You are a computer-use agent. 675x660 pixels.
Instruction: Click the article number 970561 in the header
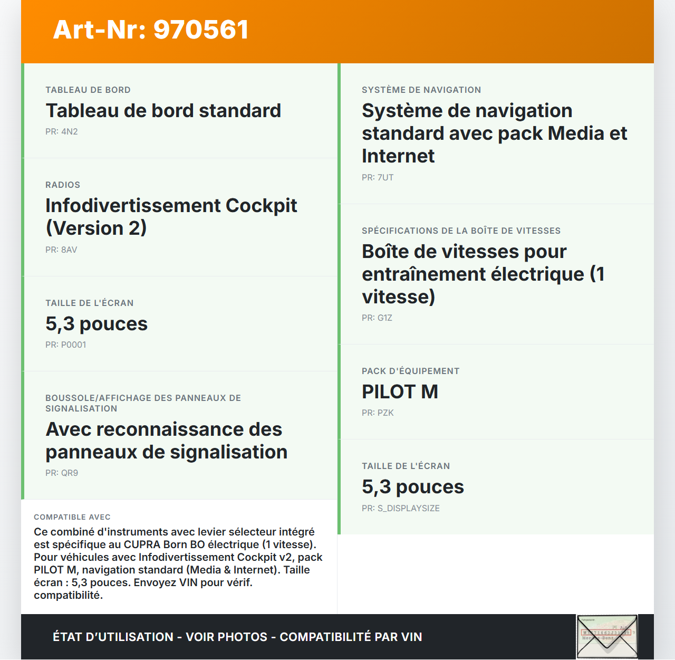click(201, 30)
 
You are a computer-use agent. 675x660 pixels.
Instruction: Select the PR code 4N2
click(69, 131)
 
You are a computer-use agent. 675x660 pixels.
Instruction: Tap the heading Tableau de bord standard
click(163, 111)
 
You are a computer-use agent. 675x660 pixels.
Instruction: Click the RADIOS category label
click(63, 185)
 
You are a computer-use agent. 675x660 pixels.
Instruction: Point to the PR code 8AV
click(69, 250)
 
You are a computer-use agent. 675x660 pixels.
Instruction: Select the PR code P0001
click(73, 345)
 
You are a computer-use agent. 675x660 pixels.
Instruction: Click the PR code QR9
click(70, 473)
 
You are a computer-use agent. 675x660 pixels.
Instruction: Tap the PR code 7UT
click(385, 177)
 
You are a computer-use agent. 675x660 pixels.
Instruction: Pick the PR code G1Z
click(385, 318)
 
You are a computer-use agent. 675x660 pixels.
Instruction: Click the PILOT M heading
click(400, 392)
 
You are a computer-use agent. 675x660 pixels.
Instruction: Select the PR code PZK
click(385, 413)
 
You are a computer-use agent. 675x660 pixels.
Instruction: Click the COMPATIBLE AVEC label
click(72, 517)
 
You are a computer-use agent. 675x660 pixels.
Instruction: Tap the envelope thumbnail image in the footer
click(607, 636)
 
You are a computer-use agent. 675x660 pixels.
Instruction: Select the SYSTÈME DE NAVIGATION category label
click(421, 90)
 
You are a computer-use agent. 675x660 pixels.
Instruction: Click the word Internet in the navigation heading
click(398, 156)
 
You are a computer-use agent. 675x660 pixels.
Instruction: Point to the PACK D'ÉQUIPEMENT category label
click(410, 371)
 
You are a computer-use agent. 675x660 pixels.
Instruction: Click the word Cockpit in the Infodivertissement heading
click(261, 206)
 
